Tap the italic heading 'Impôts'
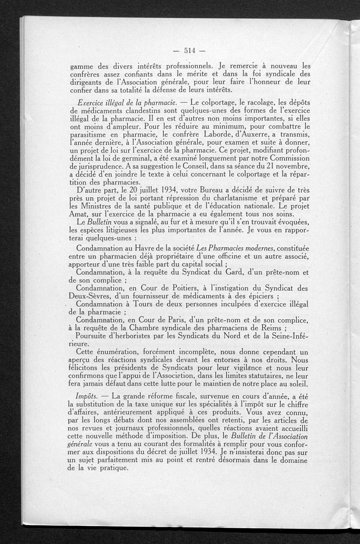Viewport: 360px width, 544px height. point(87,396)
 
